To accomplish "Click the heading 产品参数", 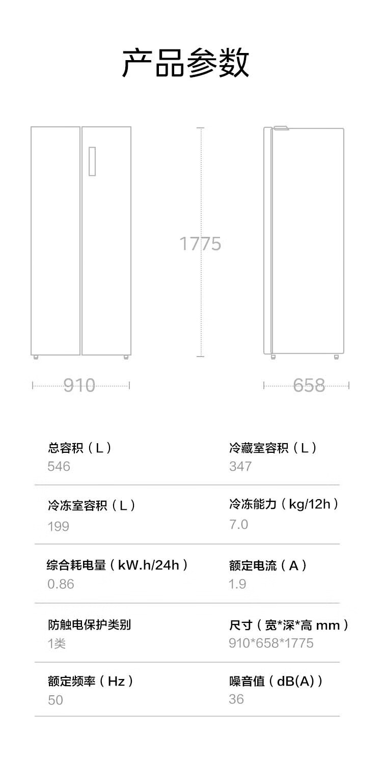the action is pyautogui.click(x=186, y=63).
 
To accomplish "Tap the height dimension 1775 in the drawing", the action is pyautogui.click(x=200, y=244).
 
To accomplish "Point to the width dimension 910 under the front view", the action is pyautogui.click(x=79, y=385).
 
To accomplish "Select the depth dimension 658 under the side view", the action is pyautogui.click(x=309, y=385).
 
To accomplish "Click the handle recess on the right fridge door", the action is pyautogui.click(x=92, y=161).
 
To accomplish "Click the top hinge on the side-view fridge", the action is pyautogui.click(x=281, y=128).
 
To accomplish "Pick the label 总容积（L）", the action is pyautogui.click(x=79, y=448).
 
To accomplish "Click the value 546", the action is pyautogui.click(x=59, y=466).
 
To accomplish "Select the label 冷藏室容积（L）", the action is pyautogui.click(x=273, y=448).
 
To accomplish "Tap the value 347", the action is pyautogui.click(x=240, y=466).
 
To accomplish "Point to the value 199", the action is pyautogui.click(x=58, y=526).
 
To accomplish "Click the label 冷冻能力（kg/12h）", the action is pyautogui.click(x=284, y=504).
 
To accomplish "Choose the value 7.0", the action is pyautogui.click(x=238, y=524).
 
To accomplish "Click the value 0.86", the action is pyautogui.click(x=61, y=584).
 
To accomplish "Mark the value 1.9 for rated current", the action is pyautogui.click(x=237, y=584).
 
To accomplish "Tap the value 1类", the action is pyautogui.click(x=57, y=643).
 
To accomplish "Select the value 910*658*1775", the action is pyautogui.click(x=271, y=643).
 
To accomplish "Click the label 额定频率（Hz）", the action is pyautogui.click(x=91, y=681).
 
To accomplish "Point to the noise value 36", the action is pyautogui.click(x=236, y=699).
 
